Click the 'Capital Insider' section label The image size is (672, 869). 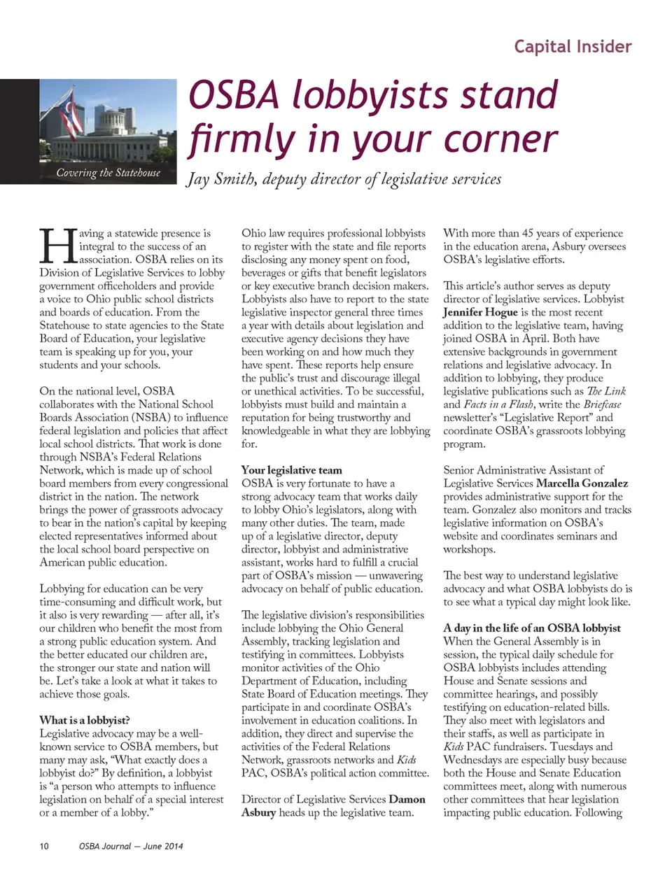[573, 47]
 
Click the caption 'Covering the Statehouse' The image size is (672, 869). [108, 173]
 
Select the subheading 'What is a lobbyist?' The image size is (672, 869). [85, 720]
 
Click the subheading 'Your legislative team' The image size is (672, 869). [292, 470]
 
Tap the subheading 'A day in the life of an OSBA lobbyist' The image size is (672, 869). [532, 628]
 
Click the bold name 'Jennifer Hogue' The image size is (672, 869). [480, 312]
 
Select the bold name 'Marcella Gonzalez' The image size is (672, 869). [582, 483]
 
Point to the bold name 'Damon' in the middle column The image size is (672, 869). [407, 799]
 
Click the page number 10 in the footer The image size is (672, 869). [44, 846]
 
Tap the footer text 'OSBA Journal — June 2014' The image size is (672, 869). [131, 846]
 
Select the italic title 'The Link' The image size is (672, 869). [606, 391]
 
